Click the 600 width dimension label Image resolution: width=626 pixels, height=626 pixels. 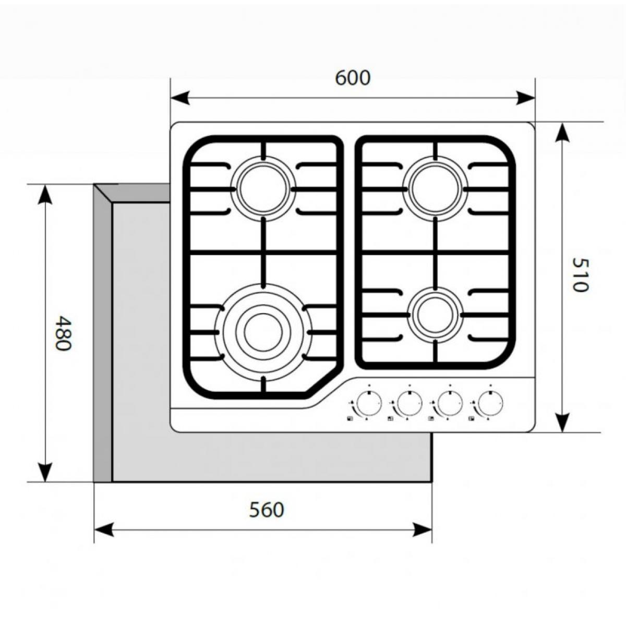click(x=353, y=78)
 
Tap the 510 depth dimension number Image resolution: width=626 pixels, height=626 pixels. click(x=580, y=275)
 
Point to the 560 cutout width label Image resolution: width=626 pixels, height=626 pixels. click(x=267, y=510)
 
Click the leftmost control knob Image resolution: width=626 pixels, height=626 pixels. click(x=369, y=403)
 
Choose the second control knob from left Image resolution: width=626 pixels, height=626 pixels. click(x=410, y=403)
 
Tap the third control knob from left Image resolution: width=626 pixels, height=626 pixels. click(x=450, y=403)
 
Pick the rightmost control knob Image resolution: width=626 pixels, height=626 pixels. click(x=490, y=403)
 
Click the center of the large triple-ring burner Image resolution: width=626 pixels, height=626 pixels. click(x=263, y=332)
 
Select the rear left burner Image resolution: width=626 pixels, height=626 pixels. click(x=263, y=189)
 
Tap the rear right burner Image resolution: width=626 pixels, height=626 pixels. click(x=435, y=189)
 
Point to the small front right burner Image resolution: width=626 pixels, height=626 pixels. click(x=435, y=315)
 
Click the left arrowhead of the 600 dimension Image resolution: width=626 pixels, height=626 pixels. click(x=180, y=98)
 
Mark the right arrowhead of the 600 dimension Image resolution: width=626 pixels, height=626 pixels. click(x=525, y=98)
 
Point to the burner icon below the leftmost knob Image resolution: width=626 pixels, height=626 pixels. click(x=350, y=419)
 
